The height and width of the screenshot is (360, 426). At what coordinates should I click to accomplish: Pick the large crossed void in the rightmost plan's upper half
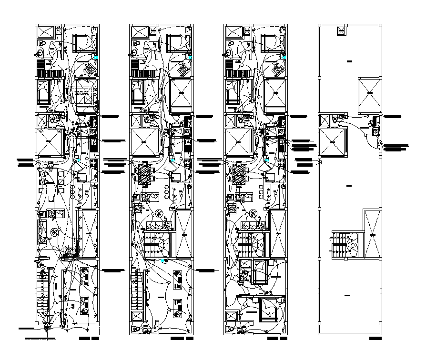[x=369, y=93]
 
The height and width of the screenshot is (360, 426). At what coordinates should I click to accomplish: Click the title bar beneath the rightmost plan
[x=375, y=339]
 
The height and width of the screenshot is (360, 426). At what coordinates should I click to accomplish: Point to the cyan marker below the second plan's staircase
[x=164, y=261]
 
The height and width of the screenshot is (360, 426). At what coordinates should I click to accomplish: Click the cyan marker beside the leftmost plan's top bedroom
[x=97, y=58]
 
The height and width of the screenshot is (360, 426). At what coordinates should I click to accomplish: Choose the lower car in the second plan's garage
[x=177, y=309]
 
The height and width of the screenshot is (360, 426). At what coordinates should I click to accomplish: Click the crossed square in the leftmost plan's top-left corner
[x=47, y=33]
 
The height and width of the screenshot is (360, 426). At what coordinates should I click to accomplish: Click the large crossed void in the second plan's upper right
[x=181, y=93]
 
